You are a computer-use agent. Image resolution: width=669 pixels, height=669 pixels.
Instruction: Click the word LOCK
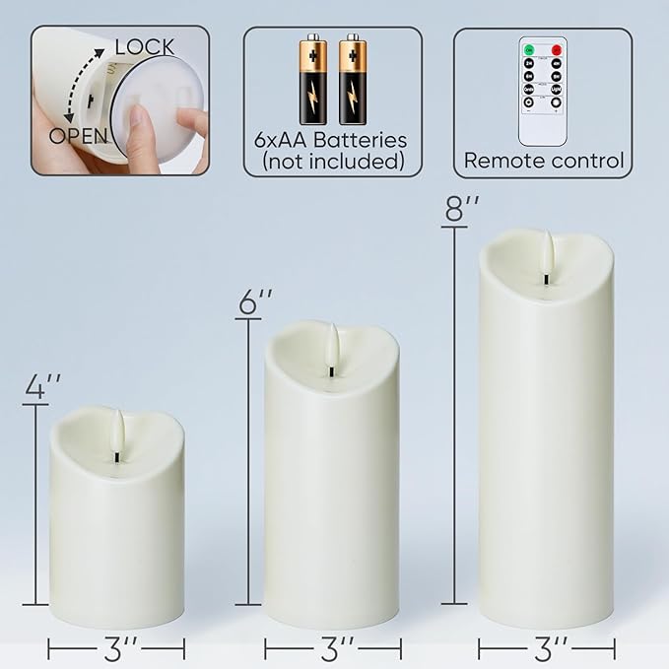coord(145,46)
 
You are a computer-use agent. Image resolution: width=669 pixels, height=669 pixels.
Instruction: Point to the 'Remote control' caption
coord(544,161)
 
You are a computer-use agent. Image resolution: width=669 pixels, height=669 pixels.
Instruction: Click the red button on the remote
coord(557,48)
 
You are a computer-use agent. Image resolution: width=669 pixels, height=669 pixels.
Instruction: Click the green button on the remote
coord(528,48)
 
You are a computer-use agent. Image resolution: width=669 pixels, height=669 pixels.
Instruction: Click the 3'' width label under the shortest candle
coord(116,649)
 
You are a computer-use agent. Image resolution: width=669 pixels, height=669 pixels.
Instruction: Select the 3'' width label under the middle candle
coord(337,649)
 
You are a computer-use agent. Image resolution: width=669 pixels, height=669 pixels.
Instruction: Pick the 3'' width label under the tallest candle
coord(547,649)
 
